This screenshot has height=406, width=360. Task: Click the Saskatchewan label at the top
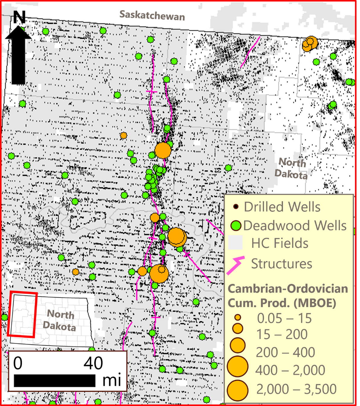point(152,15)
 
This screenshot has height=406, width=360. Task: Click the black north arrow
point(18,56)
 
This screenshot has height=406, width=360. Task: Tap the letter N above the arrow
point(19,17)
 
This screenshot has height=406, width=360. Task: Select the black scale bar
point(55,380)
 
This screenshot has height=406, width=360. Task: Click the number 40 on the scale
point(93,363)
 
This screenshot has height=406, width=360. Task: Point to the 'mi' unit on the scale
point(112,380)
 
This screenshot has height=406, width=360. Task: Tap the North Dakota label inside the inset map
point(60,320)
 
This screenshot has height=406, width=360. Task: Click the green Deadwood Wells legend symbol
point(236,225)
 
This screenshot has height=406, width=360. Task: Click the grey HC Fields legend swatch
point(235,243)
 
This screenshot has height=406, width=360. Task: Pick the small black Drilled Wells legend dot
point(236,207)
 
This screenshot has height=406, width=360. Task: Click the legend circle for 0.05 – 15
point(238,317)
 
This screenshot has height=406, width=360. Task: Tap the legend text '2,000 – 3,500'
point(296,389)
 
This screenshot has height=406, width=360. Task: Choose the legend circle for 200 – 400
point(238,345)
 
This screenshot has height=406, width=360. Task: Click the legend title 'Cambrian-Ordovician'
point(288,289)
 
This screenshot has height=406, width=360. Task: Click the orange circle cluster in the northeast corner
point(310,44)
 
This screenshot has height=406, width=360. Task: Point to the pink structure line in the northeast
point(250,52)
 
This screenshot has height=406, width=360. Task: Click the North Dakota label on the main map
point(292,168)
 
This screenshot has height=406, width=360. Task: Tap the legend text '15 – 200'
point(282,334)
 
